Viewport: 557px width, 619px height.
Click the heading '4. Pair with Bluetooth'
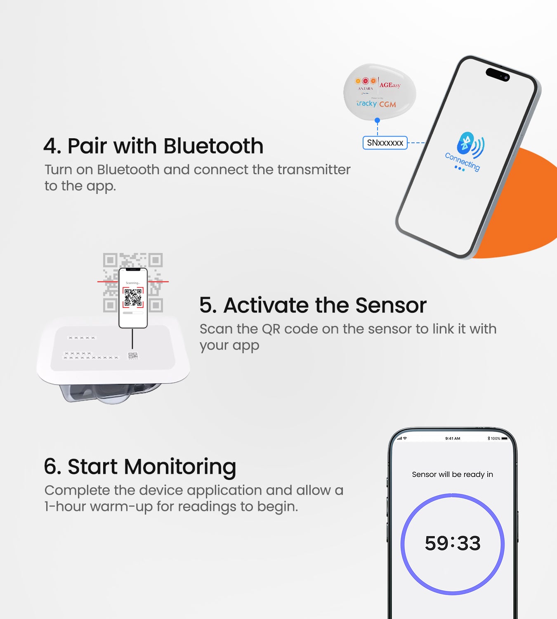point(153,146)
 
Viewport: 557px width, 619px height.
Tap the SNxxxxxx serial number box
point(385,143)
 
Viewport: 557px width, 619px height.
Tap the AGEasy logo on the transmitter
point(389,85)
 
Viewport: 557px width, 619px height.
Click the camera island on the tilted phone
point(498,75)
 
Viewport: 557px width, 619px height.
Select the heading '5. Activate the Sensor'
point(313,305)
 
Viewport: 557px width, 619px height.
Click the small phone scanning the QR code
point(133,298)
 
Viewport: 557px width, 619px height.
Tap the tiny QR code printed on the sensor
point(133,356)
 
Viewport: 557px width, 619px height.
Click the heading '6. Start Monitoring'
point(140,467)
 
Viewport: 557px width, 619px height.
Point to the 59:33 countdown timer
point(453,543)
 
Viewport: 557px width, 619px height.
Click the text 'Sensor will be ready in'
point(452,475)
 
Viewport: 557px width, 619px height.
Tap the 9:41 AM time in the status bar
point(453,438)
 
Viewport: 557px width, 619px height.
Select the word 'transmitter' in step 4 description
point(314,170)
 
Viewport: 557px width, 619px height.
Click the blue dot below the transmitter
point(377,120)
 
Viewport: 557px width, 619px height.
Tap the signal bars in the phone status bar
point(399,438)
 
